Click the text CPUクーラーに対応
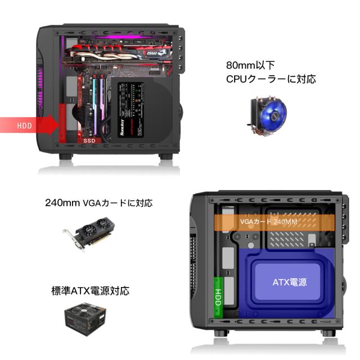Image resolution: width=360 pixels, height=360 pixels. coord(271,79)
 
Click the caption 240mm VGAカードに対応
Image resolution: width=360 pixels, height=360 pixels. coord(98,202)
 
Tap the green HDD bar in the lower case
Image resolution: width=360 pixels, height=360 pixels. coord(218,294)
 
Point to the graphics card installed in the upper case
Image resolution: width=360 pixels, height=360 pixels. coord(118,56)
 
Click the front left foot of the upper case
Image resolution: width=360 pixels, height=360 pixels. coord(66,157)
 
